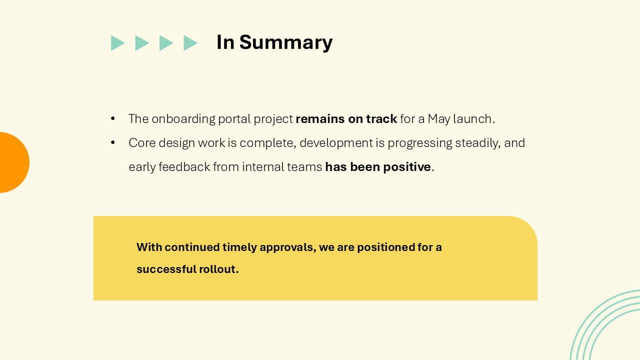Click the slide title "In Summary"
tap(274, 42)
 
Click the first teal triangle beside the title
tap(117, 43)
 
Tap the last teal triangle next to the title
tap(189, 43)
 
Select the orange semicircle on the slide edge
tap(13, 162)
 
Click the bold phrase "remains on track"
tap(346, 119)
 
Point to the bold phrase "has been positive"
tap(378, 167)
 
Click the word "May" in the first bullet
tap(438, 119)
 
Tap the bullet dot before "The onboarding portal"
tap(113, 119)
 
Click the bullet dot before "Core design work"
tap(113, 143)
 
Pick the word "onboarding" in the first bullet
tap(183, 119)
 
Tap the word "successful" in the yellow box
tap(166, 269)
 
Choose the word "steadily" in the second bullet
tap(477, 143)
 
